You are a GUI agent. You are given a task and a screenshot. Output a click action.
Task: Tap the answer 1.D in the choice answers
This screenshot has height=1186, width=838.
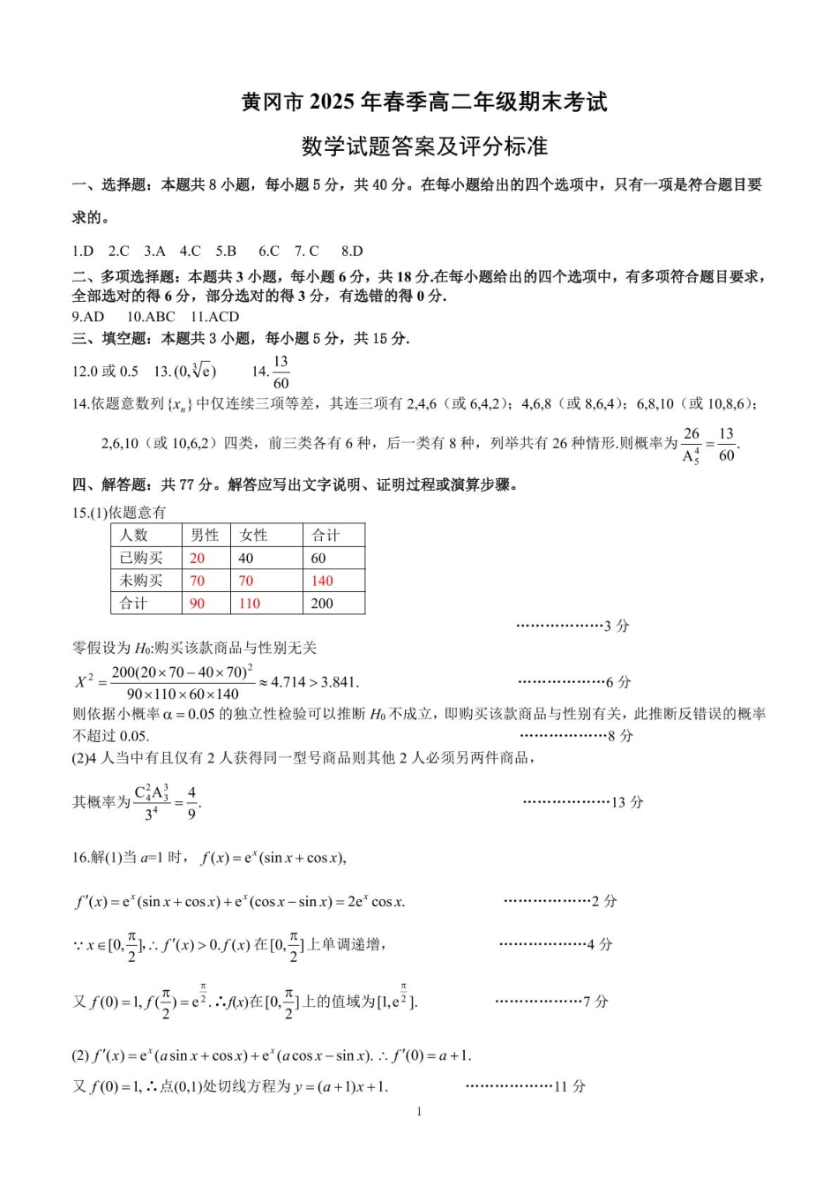tap(83, 251)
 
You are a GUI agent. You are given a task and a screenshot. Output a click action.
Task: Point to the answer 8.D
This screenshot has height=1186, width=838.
tap(352, 251)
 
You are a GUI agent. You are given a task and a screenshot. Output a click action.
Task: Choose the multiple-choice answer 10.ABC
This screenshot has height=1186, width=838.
tap(151, 317)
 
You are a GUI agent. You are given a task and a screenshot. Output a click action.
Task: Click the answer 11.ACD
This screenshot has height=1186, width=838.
tap(214, 317)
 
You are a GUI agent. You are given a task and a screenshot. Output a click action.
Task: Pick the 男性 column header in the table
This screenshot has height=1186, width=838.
tap(204, 535)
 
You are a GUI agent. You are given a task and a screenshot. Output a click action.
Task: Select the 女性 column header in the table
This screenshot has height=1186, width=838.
tap(253, 535)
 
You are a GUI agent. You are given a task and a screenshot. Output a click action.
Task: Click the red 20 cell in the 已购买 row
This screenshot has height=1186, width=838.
tap(197, 558)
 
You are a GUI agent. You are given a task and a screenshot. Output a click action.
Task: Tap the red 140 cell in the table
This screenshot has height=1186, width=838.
tap(322, 581)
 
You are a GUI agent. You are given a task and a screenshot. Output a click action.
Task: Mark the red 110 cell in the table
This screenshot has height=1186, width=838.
tap(250, 604)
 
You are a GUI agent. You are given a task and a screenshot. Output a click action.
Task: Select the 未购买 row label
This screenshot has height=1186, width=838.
tap(141, 581)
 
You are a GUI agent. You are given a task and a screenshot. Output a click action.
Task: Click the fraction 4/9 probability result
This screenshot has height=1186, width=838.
tap(191, 803)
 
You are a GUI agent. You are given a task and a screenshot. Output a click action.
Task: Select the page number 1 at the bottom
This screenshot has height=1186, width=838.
tap(419, 1111)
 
